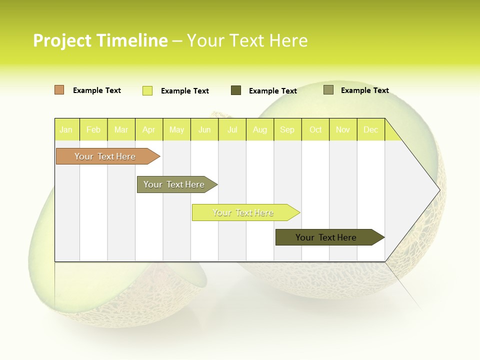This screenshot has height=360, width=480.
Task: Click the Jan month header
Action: pyautogui.click(x=66, y=130)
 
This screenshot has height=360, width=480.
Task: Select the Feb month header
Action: pyautogui.click(x=93, y=130)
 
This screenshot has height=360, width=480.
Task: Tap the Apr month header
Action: pyautogui.click(x=148, y=130)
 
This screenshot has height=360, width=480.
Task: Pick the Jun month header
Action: pyautogui.click(x=204, y=130)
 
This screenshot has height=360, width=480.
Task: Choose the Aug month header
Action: pyautogui.click(x=259, y=130)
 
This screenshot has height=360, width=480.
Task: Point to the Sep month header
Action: pyautogui.click(x=287, y=130)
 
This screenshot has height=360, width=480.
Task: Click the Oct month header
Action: pyautogui.click(x=315, y=130)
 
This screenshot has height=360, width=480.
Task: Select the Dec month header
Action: pyautogui.click(x=370, y=130)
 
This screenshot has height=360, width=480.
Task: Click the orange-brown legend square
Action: pyautogui.click(x=59, y=90)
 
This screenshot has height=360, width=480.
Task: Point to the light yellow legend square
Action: pyautogui.click(x=147, y=90)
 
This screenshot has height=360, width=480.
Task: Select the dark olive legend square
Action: pyautogui.click(x=236, y=90)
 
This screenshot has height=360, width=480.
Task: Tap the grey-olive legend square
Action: pyautogui.click(x=328, y=90)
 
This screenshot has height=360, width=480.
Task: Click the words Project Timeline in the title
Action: pyautogui.click(x=100, y=40)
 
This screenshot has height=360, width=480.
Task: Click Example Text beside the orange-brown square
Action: pyautogui.click(x=97, y=90)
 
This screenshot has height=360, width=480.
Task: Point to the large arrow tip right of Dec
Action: pyautogui.click(x=420, y=190)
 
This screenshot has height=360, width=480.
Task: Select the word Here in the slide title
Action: pyautogui.click(x=288, y=40)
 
